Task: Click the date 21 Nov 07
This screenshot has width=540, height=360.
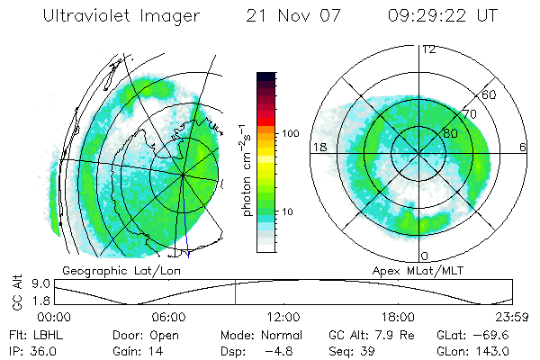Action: click(294, 16)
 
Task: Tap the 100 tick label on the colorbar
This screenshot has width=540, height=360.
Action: click(290, 133)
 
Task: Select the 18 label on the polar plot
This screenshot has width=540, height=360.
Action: click(318, 147)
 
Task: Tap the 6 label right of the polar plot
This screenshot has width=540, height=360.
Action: click(523, 147)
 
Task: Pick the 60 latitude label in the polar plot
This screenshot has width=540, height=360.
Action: click(490, 94)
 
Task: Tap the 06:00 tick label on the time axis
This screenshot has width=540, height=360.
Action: click(168, 317)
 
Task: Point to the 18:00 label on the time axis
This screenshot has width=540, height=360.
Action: click(398, 317)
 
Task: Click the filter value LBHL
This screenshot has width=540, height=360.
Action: click(41, 334)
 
